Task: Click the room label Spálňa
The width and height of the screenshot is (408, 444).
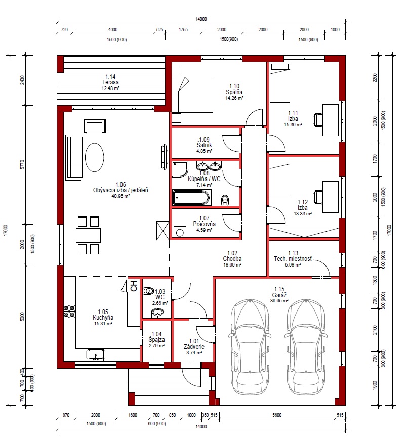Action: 234,92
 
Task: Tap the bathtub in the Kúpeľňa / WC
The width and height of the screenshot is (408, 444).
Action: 192,197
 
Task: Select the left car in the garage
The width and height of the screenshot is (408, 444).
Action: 249,346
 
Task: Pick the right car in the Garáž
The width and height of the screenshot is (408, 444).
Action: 306,346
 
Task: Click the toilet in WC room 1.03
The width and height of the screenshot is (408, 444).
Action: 148,291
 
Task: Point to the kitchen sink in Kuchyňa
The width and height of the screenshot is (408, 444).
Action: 96,355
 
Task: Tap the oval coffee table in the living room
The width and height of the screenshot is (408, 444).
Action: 95,157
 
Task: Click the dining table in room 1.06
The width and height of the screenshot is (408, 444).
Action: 88,235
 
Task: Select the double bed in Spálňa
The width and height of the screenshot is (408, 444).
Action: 193,95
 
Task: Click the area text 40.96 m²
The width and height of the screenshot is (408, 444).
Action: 121,196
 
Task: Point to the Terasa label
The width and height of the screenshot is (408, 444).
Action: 110,83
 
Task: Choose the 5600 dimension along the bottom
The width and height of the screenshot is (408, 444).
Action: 277,415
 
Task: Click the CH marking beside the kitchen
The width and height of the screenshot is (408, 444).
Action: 134,286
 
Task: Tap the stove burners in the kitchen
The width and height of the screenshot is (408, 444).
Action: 69,311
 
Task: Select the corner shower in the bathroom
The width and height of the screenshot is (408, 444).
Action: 180,169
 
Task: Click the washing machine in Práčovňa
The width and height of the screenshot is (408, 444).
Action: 180,232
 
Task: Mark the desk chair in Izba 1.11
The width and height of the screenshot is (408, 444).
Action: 318,119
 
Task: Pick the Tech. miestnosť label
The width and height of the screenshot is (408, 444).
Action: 293,259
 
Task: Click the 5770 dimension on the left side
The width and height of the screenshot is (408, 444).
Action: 22,164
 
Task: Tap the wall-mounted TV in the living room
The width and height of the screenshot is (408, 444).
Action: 164,157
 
